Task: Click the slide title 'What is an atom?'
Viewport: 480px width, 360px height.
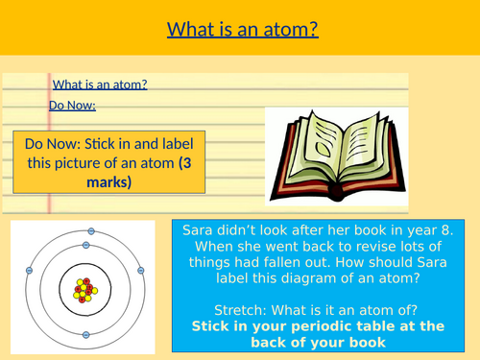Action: (242, 30)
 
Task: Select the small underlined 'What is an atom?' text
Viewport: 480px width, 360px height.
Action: (100, 84)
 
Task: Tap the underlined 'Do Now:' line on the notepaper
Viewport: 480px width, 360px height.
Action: (72, 106)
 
